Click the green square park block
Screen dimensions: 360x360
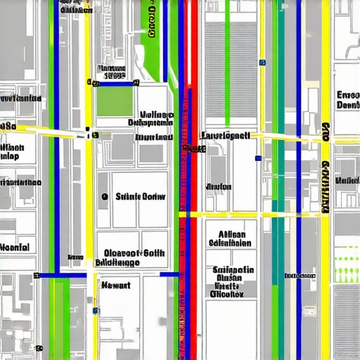[x=115, y=101]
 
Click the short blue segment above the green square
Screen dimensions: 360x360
[x=112, y=83]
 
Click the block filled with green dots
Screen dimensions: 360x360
[x=347, y=270]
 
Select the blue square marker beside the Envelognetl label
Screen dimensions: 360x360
[x=259, y=158]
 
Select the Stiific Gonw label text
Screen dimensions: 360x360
[x=139, y=198]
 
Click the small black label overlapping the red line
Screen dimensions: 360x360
[x=193, y=149]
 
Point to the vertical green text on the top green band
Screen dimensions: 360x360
[x=153, y=21]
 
